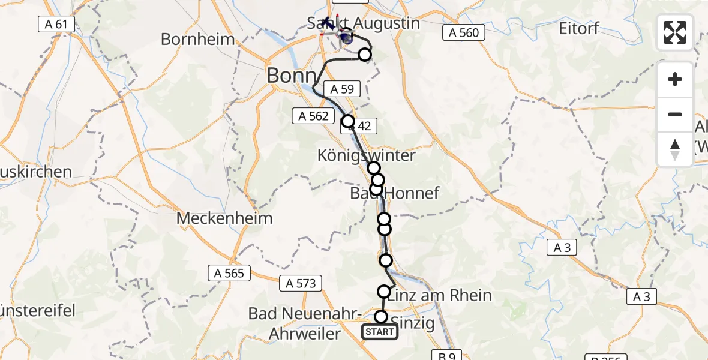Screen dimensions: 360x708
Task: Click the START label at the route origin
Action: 379,332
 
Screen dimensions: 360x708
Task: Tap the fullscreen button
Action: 675,32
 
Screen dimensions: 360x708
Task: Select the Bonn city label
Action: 291,76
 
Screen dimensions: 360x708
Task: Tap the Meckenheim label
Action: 224,218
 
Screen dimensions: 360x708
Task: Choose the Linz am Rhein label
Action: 440,295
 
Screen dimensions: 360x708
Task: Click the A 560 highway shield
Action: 464,32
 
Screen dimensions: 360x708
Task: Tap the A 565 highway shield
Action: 229,273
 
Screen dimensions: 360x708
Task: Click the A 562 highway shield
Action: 313,116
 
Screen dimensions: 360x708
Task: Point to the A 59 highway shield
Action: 342,89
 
